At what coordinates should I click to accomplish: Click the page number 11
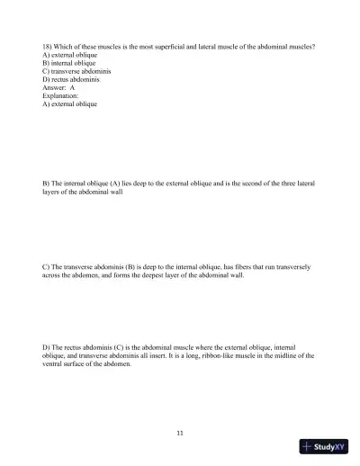click(180, 434)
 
